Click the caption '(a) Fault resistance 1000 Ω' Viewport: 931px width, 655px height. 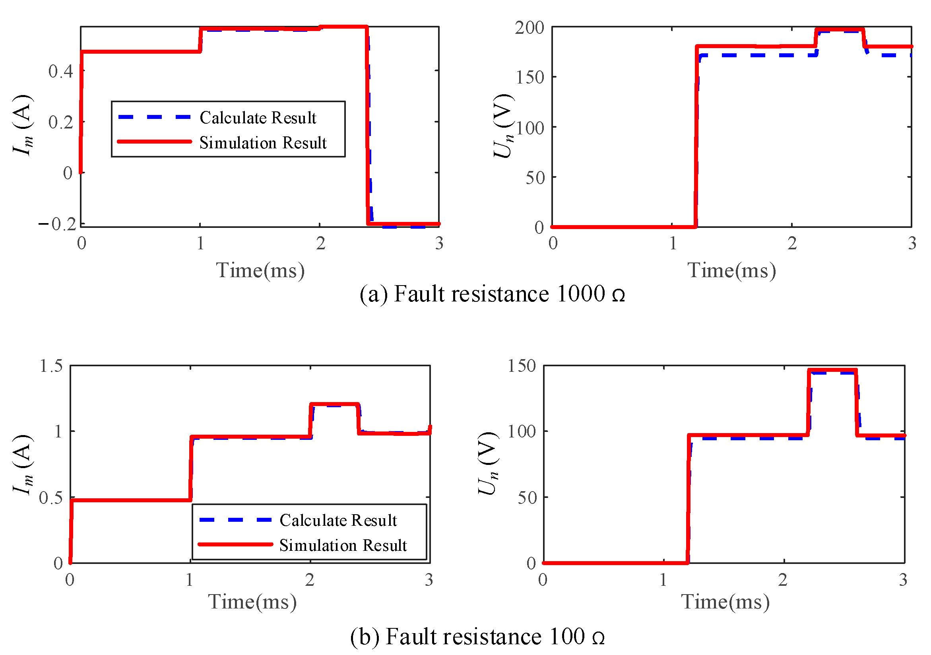tap(492, 294)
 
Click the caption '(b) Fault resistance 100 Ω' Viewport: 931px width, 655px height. tap(477, 636)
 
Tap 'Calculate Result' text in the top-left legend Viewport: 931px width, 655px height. tap(258, 118)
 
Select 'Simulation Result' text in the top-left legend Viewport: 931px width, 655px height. tap(263, 143)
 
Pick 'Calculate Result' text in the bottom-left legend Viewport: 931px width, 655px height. tap(338, 520)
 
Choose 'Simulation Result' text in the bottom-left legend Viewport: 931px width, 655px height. tap(343, 546)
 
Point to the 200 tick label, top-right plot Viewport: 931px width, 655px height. tap(529, 28)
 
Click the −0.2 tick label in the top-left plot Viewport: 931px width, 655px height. tap(58, 224)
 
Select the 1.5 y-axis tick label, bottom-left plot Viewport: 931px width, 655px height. tap(51, 366)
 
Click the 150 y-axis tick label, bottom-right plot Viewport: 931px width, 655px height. tap(522, 366)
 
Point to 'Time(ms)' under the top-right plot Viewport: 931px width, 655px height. tap(731, 270)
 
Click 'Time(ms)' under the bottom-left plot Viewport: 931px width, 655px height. tap(252, 602)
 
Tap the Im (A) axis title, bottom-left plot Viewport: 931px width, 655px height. tap(23, 465)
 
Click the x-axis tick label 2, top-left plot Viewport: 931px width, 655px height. tap(321, 244)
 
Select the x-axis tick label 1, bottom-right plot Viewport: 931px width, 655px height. tap(663, 580)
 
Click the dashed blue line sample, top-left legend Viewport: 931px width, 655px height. tap(155, 117)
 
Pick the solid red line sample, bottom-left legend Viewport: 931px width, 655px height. tap(235, 544)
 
